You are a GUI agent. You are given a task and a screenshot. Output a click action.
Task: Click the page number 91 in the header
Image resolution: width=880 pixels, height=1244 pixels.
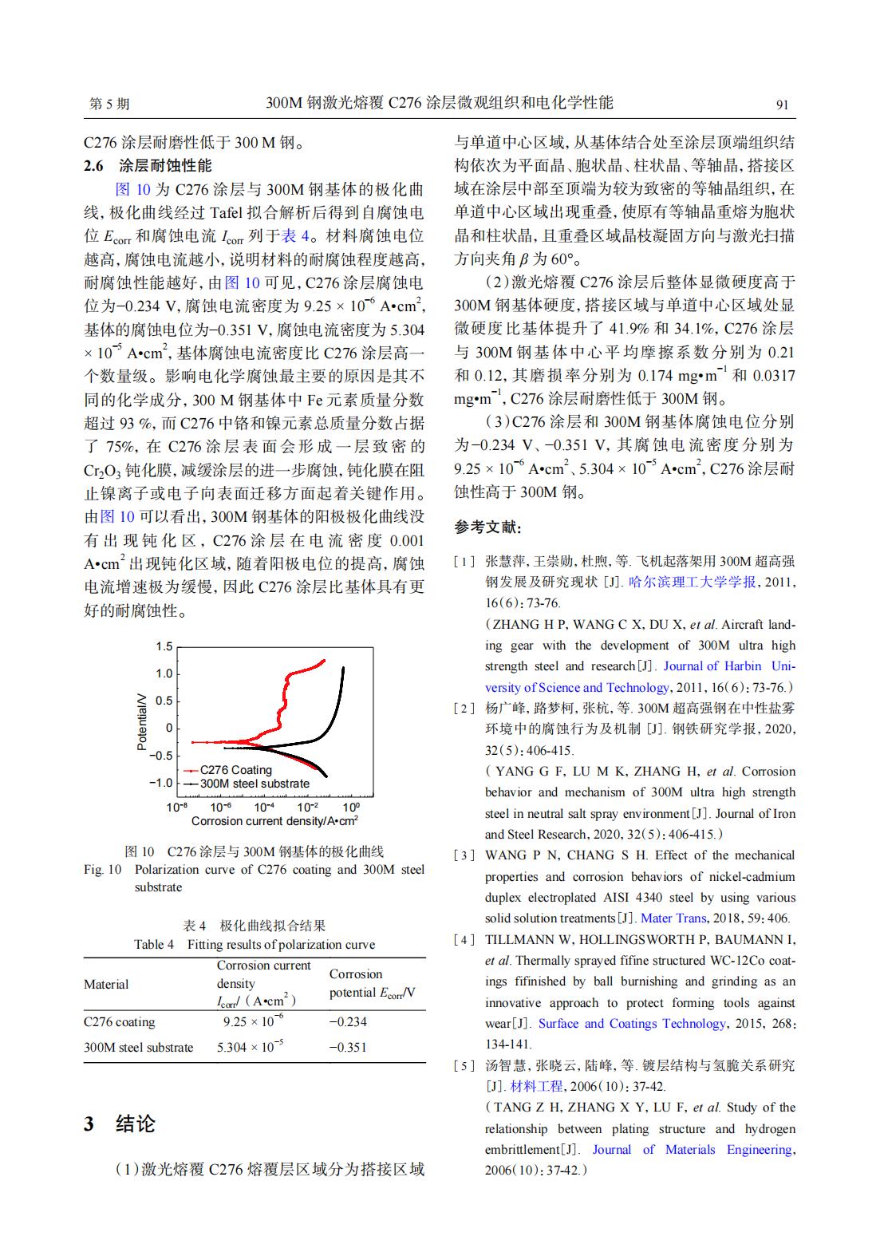(x=782, y=105)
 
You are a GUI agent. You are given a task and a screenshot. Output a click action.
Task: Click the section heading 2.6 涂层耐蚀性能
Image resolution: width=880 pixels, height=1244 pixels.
(x=148, y=166)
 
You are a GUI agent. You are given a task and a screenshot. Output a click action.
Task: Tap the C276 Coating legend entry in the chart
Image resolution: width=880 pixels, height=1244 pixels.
(x=235, y=770)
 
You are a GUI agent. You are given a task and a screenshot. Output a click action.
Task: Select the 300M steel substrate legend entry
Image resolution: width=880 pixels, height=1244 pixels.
(x=254, y=784)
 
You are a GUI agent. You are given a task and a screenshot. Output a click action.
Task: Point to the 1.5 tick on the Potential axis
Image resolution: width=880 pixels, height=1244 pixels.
(x=164, y=646)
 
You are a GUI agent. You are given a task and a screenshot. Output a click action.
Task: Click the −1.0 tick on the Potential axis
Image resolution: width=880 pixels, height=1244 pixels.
(x=161, y=782)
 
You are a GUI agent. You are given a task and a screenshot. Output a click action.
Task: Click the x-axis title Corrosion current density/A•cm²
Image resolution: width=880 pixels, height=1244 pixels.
(x=274, y=821)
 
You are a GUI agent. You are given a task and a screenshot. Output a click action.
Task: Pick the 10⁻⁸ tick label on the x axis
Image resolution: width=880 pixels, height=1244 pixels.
(x=177, y=807)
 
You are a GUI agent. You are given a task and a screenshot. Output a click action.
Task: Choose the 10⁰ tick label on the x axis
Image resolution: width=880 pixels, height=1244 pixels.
(x=350, y=807)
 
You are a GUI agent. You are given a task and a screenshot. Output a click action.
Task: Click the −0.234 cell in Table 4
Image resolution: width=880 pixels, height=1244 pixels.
(x=348, y=1022)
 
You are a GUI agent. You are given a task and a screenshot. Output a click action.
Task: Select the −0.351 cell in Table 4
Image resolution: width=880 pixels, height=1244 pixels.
(x=348, y=1047)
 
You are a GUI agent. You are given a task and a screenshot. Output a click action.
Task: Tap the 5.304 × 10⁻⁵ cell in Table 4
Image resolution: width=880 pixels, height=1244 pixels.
(x=251, y=1047)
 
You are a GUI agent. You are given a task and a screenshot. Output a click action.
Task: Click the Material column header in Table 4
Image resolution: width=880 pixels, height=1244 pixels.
(x=106, y=984)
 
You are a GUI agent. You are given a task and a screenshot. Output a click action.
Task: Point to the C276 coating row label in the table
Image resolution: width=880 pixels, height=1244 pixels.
(x=120, y=1022)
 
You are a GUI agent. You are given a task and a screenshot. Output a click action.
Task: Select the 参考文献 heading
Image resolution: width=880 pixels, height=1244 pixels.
(x=487, y=527)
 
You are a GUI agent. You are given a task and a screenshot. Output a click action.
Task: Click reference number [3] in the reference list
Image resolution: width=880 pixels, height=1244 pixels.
(x=464, y=855)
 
